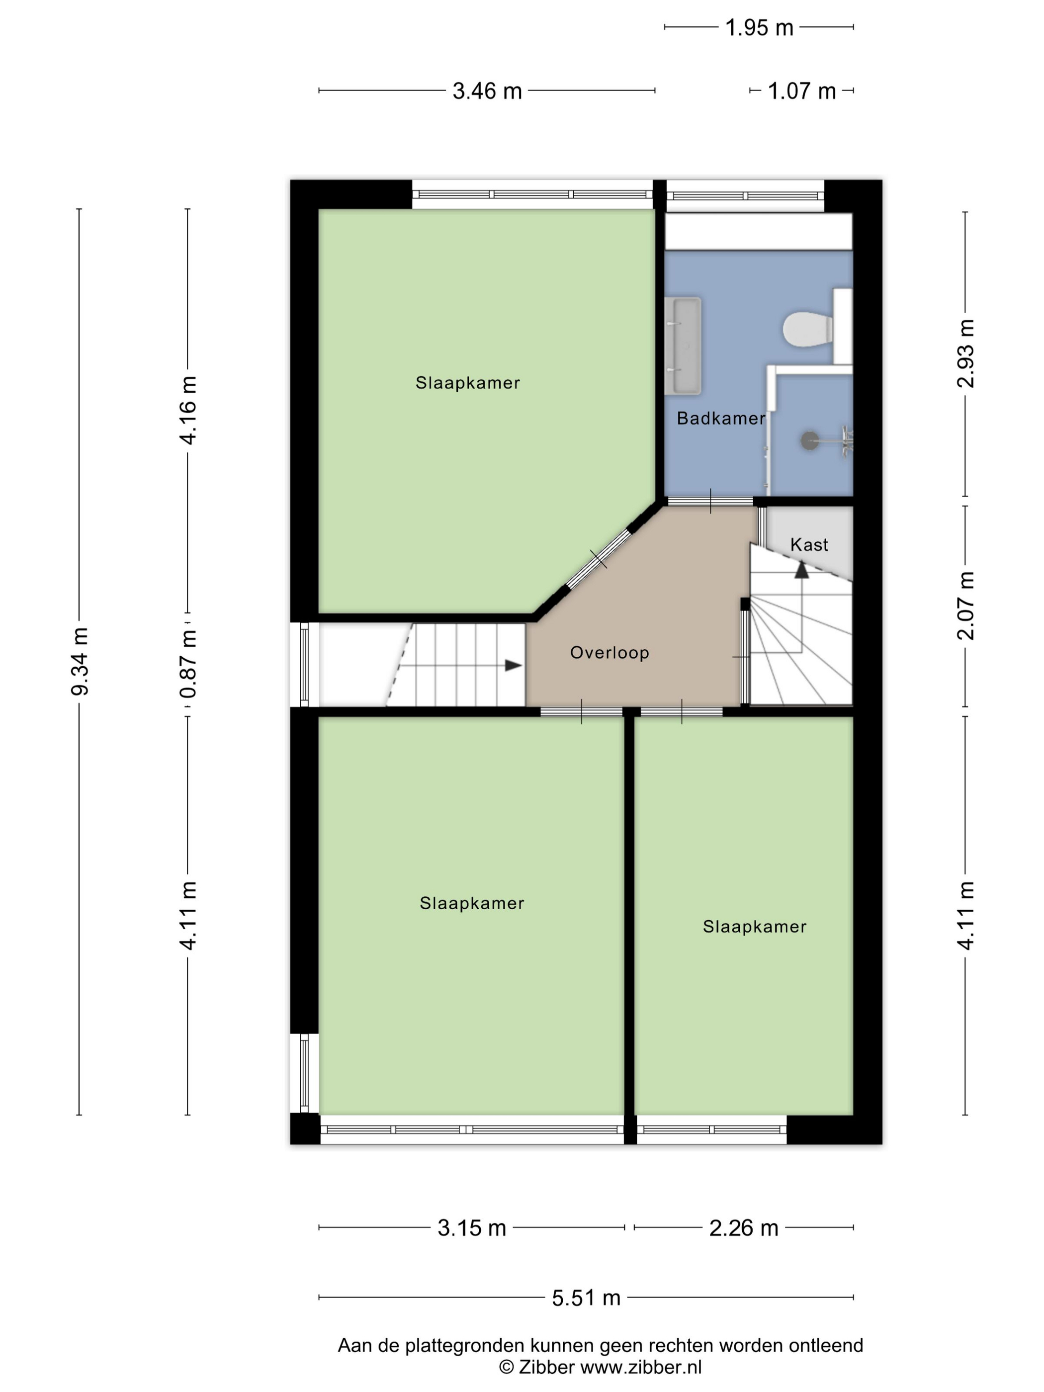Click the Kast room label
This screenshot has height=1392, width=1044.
tap(809, 544)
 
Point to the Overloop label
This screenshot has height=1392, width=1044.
tap(609, 653)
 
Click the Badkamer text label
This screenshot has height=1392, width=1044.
tap(720, 419)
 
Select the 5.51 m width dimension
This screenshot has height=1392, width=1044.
tap(586, 1298)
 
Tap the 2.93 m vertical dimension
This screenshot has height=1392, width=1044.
tap(965, 353)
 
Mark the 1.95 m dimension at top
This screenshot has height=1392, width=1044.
tap(759, 28)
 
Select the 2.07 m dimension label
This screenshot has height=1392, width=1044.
tap(965, 606)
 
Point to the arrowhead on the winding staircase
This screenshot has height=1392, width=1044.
tap(801, 570)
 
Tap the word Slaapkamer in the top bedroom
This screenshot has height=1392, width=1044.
tap(468, 383)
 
